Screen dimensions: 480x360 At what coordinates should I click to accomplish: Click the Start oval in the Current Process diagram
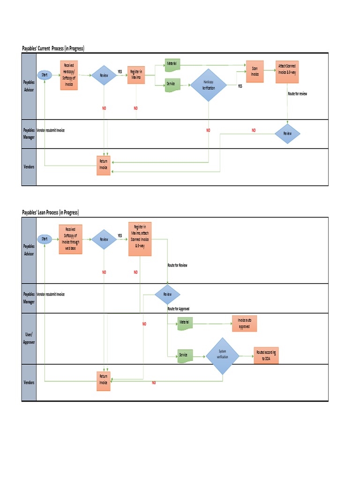point(45,75)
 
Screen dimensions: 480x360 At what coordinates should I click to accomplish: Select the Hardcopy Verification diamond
point(208,85)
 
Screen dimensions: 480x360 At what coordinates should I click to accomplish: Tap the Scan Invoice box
point(255,71)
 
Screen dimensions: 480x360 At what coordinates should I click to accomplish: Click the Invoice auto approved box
point(244,323)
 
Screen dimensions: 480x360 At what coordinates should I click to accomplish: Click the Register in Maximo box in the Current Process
point(136,74)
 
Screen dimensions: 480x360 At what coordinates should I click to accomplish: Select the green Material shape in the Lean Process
point(186,323)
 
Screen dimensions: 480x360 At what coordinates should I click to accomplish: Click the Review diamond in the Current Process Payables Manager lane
point(287,134)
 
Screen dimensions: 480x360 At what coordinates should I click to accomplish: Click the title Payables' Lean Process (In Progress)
point(51,212)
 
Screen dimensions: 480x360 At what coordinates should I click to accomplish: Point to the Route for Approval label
point(178,309)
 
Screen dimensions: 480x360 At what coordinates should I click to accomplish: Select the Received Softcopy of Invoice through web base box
point(71,239)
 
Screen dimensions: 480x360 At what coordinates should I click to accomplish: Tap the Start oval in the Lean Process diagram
point(45,239)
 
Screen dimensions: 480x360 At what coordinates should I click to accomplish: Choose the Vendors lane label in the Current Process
point(29,167)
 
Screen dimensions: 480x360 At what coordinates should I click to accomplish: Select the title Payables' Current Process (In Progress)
point(53,48)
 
